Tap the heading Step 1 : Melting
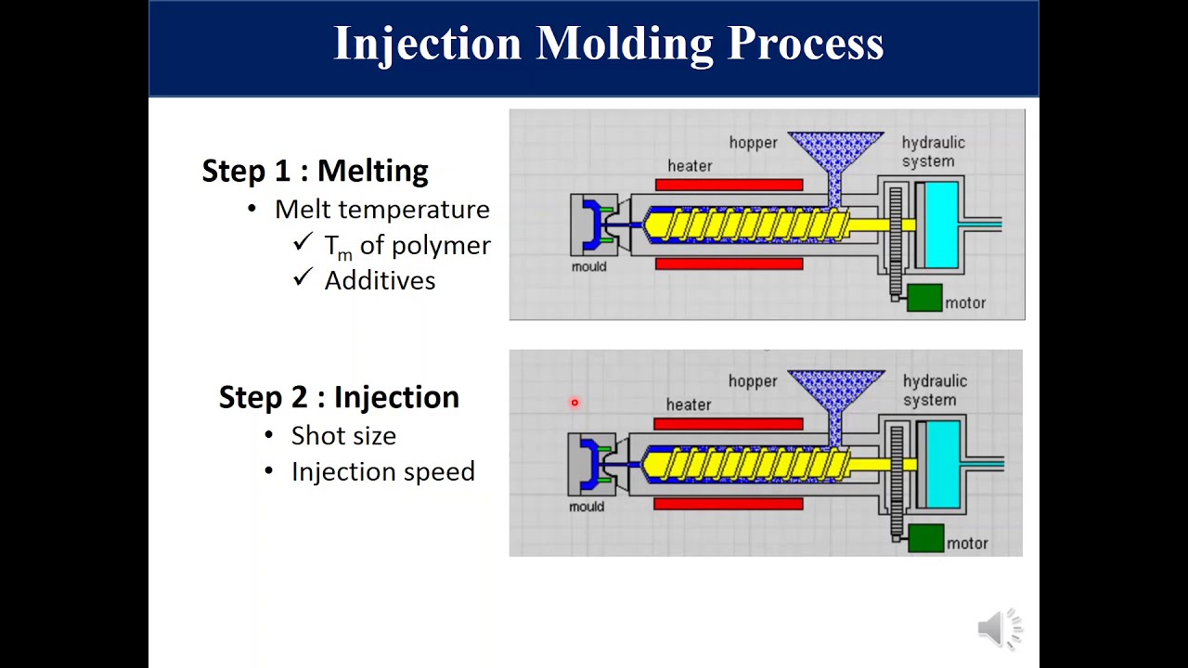(315, 171)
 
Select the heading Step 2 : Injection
(339, 397)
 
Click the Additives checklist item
(380, 280)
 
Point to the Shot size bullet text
(343, 436)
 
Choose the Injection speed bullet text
(383, 472)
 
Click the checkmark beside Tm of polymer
(303, 242)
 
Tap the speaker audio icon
(1001, 628)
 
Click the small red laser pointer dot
(575, 403)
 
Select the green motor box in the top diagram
(924, 298)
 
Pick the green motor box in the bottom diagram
(926, 537)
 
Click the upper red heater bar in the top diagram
(730, 185)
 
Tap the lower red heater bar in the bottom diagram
(729, 504)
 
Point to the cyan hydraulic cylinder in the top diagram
(941, 225)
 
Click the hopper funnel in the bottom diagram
(836, 404)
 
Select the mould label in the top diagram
(588, 266)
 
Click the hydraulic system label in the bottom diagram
(935, 391)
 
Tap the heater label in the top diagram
(690, 166)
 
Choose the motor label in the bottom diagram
(967, 544)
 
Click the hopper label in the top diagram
(753, 143)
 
